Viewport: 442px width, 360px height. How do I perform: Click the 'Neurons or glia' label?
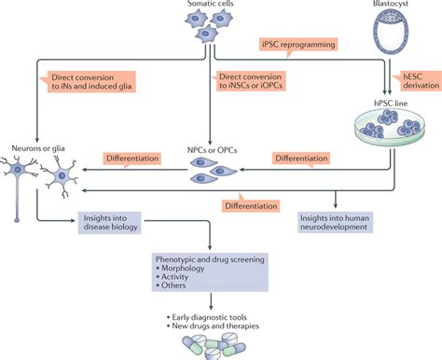point(33,146)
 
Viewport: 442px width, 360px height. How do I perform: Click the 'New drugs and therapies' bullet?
point(215,327)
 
